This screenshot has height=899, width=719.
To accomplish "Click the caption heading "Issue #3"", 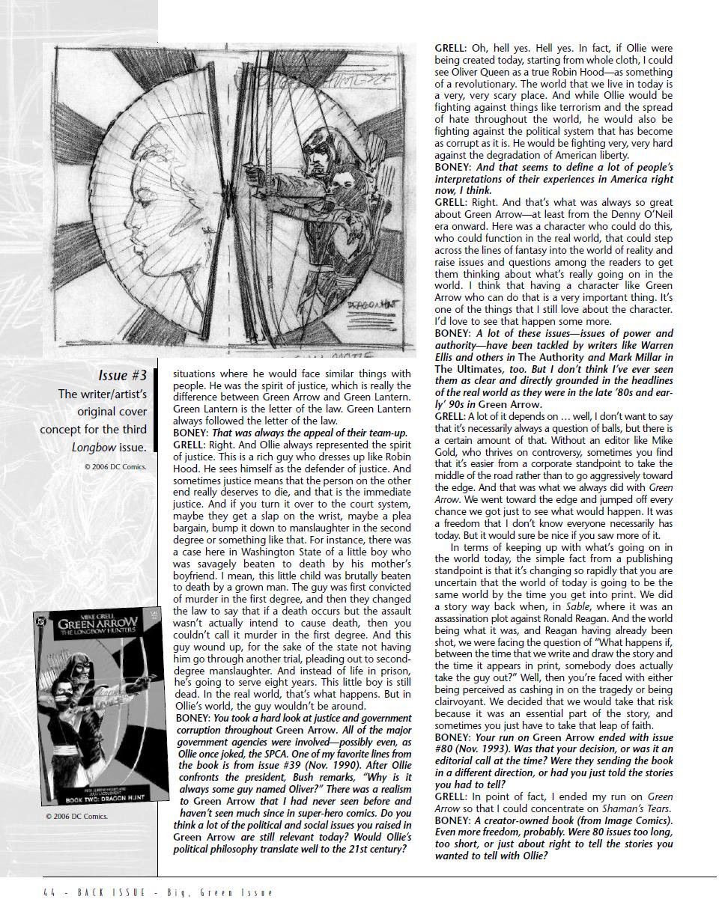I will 124,374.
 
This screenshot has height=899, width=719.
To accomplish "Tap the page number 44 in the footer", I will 49,892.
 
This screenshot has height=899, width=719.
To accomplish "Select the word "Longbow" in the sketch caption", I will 89,448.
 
